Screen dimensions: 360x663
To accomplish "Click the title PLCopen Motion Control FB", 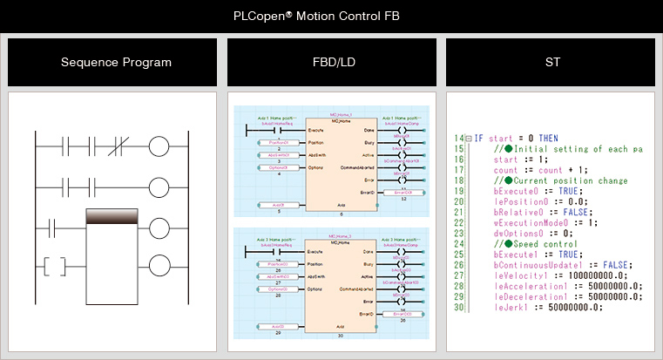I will click(x=331, y=16).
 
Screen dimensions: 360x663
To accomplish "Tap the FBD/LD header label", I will click(x=331, y=62).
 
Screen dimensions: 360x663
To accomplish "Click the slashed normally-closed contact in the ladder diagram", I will click(x=125, y=145).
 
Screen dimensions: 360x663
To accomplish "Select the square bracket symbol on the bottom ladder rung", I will click(x=56, y=265).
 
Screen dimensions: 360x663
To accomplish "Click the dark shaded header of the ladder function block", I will click(x=113, y=217).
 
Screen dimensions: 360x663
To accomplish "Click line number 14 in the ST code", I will click(x=460, y=139).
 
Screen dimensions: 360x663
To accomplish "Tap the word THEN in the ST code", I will click(x=546, y=139).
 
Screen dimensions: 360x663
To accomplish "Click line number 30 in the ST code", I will click(x=460, y=306).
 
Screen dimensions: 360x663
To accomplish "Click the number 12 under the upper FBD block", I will click(x=403, y=199).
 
